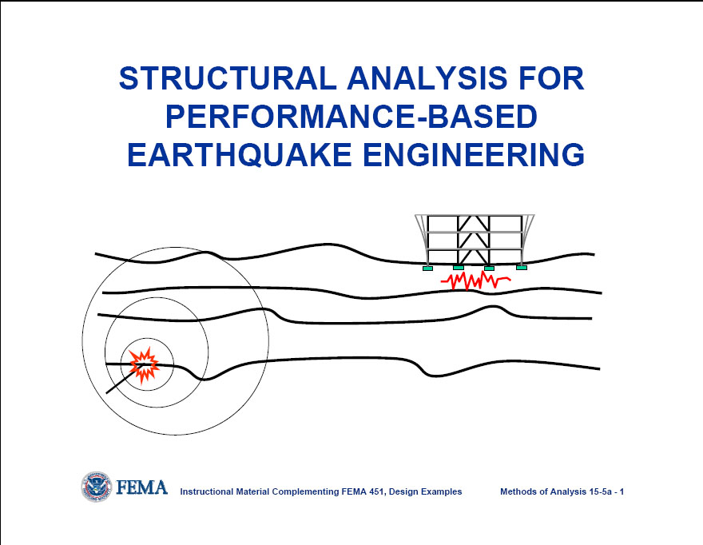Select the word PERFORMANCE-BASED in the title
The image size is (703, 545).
pos(350,117)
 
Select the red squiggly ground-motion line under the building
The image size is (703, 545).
pos(476,281)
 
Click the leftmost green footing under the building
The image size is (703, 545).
pos(428,268)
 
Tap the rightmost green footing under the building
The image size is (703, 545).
pos(522,268)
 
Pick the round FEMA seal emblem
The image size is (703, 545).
pos(96,487)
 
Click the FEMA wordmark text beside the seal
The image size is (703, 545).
pos(141,487)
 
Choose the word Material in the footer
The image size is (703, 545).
pos(252,491)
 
